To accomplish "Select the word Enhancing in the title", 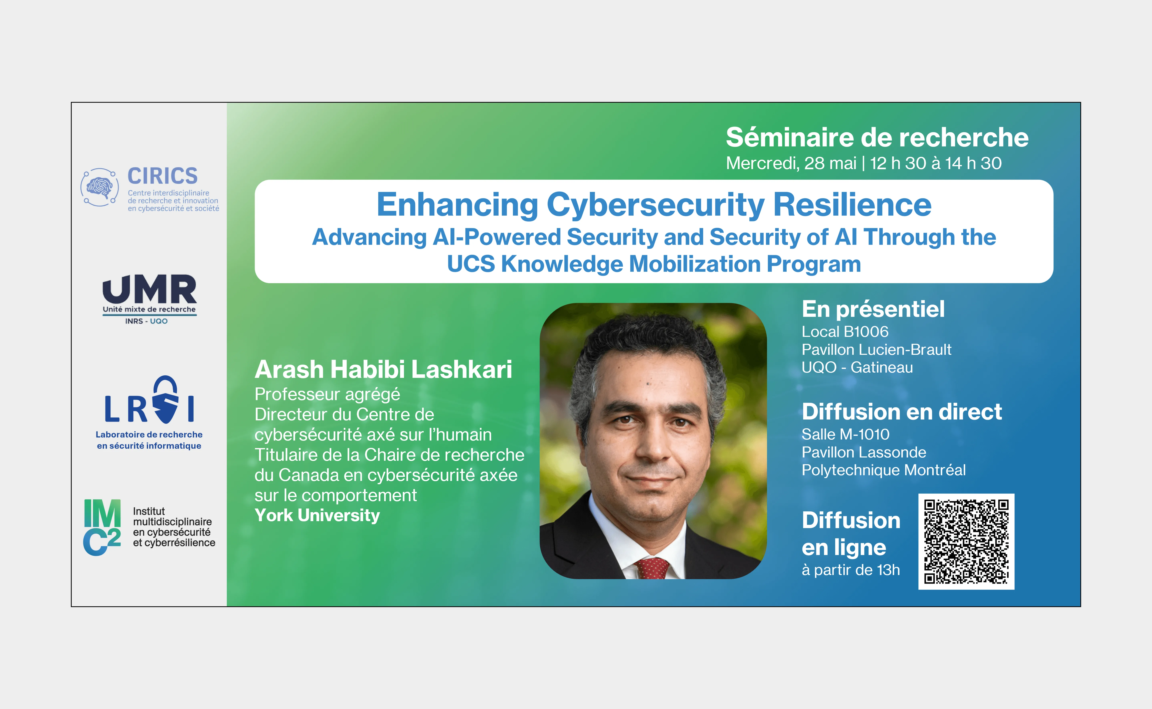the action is [457, 205].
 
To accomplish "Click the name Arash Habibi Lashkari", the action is [383, 369].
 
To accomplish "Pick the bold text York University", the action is [317, 515].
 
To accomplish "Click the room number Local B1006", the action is [845, 332].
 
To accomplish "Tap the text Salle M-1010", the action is [845, 434].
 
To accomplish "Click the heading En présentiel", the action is [873, 309].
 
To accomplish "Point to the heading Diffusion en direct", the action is [902, 412].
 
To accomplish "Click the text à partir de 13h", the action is [850, 570].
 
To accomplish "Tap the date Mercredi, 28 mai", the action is [791, 163].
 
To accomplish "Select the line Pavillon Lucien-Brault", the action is [876, 349].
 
